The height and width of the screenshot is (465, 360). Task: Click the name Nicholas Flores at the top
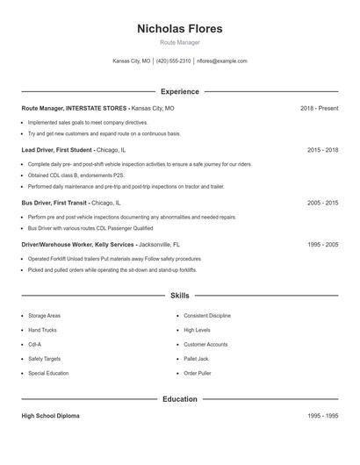coord(179,29)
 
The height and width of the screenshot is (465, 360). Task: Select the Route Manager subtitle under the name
coord(179,42)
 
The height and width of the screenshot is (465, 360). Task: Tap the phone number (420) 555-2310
coord(173,61)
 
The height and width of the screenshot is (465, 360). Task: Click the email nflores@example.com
coord(222,61)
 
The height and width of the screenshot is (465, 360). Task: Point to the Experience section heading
coord(179,91)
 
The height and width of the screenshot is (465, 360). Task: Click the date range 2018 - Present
coord(319,108)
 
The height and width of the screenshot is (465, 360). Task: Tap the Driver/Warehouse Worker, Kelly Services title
coord(77,245)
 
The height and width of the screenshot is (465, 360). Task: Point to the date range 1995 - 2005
coord(322,245)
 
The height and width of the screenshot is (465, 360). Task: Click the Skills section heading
coord(179,296)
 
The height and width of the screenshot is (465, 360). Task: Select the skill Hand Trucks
coord(42,330)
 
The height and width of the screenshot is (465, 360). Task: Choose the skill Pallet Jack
coord(198,359)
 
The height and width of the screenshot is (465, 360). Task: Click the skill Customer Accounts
coord(205,344)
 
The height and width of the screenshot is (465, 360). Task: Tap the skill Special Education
coord(48,373)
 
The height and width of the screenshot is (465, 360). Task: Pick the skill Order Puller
coord(198,373)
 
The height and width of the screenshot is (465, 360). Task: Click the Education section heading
coord(179,399)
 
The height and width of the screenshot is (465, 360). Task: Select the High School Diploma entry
coord(50,416)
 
